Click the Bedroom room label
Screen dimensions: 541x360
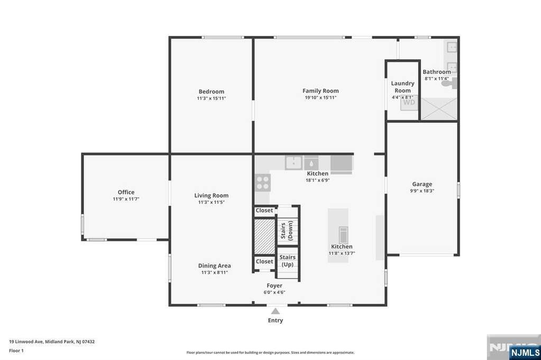click(x=211, y=91)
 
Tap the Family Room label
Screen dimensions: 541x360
click(x=320, y=91)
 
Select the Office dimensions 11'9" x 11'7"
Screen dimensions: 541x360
click(x=126, y=199)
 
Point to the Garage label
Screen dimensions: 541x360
click(x=422, y=184)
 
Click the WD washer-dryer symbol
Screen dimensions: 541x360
click(x=409, y=103)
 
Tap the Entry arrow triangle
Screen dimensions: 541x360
click(x=276, y=311)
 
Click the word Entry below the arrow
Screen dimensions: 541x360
click(x=276, y=320)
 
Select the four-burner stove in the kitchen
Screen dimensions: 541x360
click(x=262, y=182)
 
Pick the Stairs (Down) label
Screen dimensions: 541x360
click(x=287, y=230)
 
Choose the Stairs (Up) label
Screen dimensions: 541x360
click(x=287, y=261)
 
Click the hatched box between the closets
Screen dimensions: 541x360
click(x=264, y=236)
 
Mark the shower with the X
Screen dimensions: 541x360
click(x=439, y=109)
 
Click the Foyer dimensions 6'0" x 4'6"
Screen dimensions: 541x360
click(x=274, y=292)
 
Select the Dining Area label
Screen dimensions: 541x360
click(x=215, y=265)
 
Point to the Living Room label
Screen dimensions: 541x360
click(x=211, y=196)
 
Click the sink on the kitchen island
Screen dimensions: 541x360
click(x=343, y=235)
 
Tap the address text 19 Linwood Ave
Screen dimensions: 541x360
click(x=26, y=341)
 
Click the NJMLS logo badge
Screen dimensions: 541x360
click(x=525, y=353)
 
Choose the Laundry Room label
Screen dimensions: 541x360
click(x=402, y=87)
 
